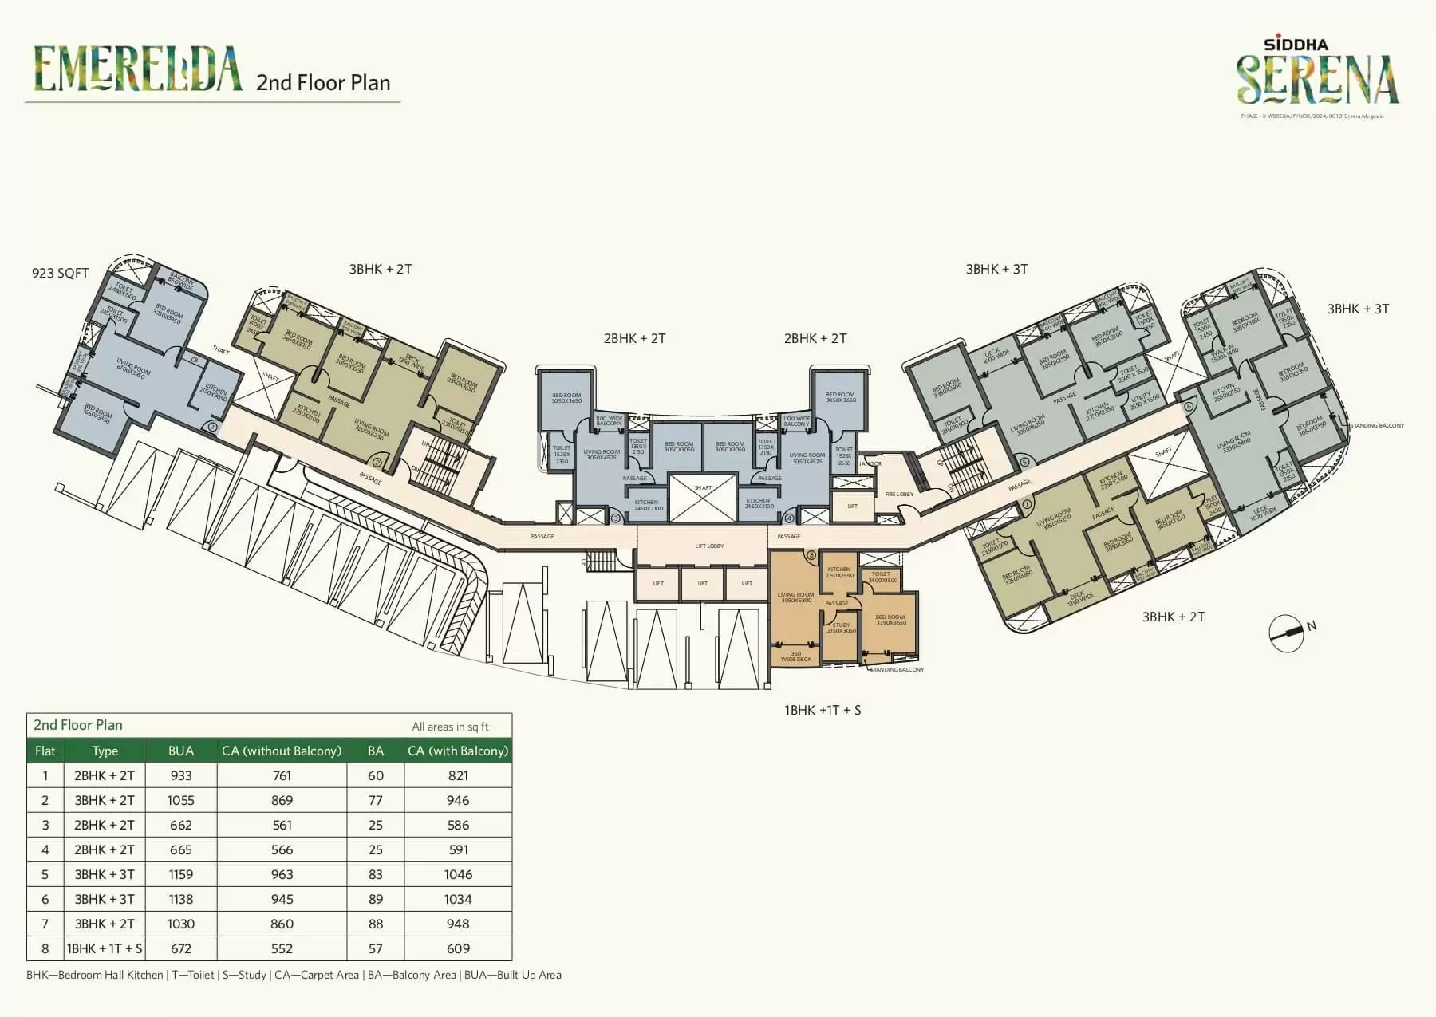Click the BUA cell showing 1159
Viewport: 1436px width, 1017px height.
[181, 874]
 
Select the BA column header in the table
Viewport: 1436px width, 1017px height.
[376, 751]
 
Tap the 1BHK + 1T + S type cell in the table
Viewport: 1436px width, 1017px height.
[105, 948]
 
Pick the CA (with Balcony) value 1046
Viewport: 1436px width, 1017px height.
[458, 874]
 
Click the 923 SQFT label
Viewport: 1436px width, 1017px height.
[60, 273]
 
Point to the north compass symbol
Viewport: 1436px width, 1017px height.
[1287, 632]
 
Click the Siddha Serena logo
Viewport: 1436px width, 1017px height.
[1317, 74]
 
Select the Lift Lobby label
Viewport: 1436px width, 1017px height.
[709, 546]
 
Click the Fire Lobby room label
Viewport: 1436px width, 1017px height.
[899, 495]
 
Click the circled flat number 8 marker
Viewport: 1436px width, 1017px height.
[811, 555]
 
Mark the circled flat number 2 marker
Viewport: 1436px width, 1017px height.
[377, 462]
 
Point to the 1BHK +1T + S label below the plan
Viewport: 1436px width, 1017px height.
[823, 710]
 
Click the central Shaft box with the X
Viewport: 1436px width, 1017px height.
[703, 497]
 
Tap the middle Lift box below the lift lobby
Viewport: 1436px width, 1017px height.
[702, 583]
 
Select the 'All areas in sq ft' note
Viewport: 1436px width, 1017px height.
[450, 727]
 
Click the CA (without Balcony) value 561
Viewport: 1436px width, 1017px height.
[282, 825]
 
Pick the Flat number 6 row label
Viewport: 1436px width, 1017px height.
[45, 899]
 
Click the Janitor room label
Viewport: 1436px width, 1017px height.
[871, 463]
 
